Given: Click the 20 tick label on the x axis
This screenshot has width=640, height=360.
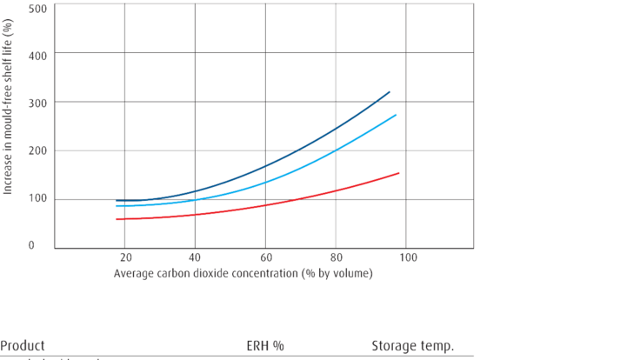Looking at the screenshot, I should pyautogui.click(x=125, y=258).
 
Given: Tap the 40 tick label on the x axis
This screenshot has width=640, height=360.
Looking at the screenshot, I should pyautogui.click(x=195, y=258).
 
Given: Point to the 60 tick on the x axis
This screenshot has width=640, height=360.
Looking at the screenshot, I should pyautogui.click(x=265, y=258).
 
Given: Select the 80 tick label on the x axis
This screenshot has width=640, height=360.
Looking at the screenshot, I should pyautogui.click(x=335, y=258).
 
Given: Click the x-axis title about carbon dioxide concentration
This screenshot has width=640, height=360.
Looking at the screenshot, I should pyautogui.click(x=243, y=274).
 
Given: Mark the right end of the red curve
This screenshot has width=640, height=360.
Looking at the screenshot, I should pyautogui.click(x=400, y=172).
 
